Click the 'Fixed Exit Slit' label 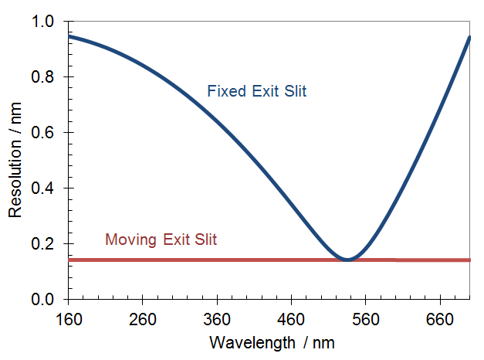point(256,92)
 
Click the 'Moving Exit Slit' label point(161,239)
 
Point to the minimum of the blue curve point(347,260)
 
